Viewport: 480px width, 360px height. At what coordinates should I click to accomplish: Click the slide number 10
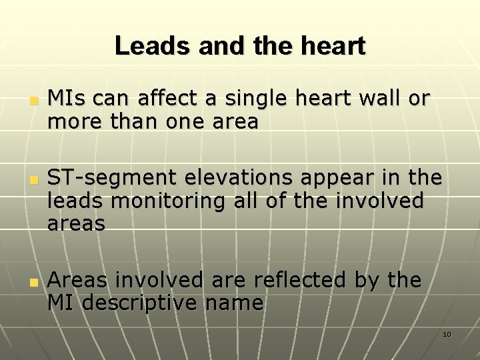click(447, 334)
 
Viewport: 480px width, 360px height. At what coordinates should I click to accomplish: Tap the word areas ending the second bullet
click(76, 224)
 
